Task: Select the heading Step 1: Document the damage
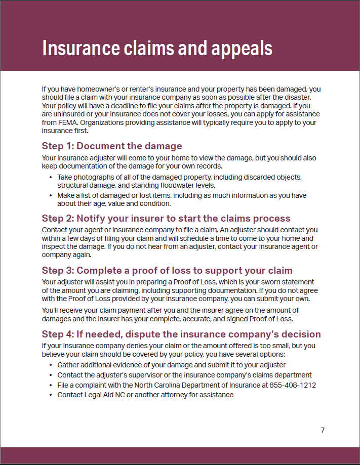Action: point(112,146)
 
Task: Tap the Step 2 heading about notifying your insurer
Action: point(166,219)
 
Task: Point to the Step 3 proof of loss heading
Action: point(167,270)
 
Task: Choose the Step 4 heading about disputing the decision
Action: point(181,334)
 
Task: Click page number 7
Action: point(323,430)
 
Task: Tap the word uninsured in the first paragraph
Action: point(71,114)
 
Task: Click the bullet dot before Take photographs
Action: point(51,177)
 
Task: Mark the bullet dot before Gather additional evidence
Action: point(51,365)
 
